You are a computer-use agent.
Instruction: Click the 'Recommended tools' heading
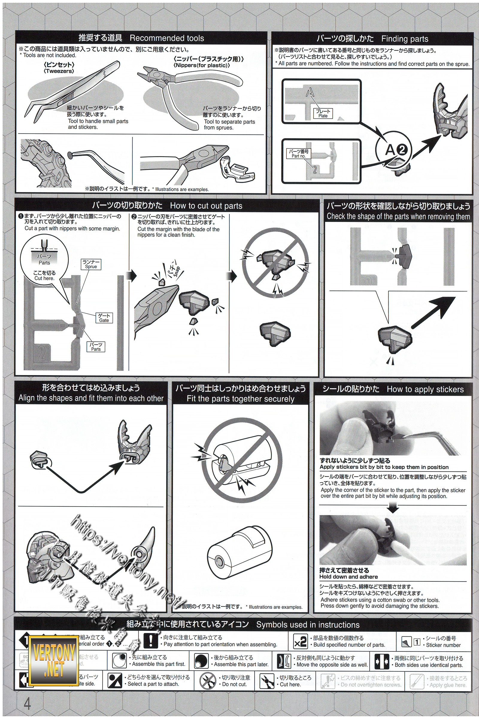tap(167, 38)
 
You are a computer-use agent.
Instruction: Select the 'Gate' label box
tap(104, 318)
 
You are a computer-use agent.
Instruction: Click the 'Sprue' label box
tap(91, 264)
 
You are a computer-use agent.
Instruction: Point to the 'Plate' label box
tap(323, 114)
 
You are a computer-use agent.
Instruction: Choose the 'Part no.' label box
tap(298, 153)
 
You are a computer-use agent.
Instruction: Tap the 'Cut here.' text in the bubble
tap(44, 278)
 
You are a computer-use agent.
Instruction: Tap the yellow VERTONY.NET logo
tap(54, 662)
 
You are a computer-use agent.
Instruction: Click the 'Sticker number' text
tap(443, 645)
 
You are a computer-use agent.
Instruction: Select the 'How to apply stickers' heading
tap(425, 389)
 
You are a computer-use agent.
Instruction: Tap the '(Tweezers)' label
tap(59, 71)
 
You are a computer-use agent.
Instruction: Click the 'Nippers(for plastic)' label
tap(201, 65)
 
